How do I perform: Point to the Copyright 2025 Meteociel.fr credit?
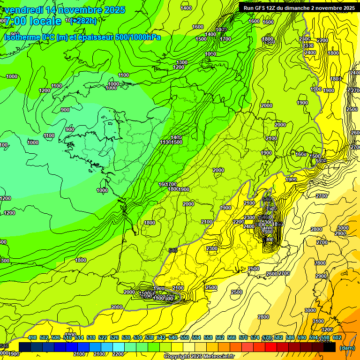(198, 357)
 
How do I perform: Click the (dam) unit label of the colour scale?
(347, 348)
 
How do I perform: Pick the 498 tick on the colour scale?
(32, 337)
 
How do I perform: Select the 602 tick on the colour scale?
(337, 337)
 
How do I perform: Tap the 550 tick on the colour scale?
(185, 337)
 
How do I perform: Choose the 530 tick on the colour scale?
(126, 337)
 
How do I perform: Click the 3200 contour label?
(327, 330)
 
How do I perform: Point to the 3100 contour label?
(318, 321)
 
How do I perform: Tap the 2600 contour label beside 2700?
(272, 274)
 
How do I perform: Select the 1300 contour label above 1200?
(182, 62)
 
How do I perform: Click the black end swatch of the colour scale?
(330, 347)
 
